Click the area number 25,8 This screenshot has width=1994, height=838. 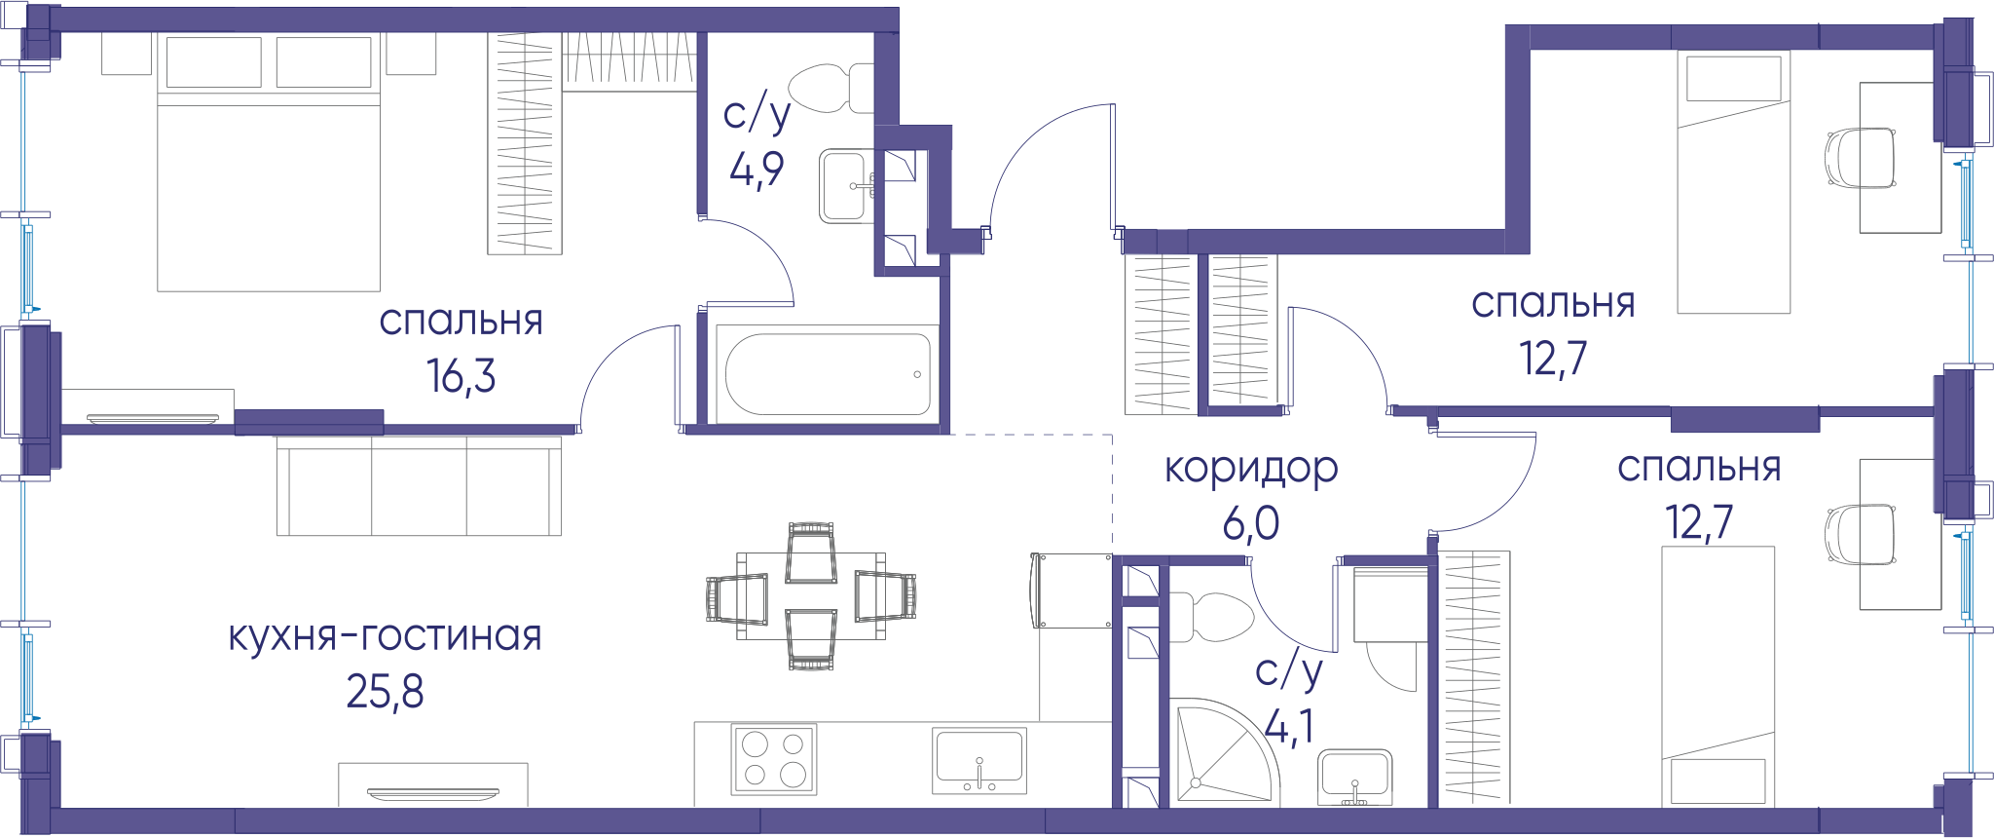coord(386,692)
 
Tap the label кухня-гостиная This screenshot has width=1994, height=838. coord(386,636)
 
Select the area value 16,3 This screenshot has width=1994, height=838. coord(462,375)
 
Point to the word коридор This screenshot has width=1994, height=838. coord(1251,470)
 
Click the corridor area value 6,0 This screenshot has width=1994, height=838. coord(1251,524)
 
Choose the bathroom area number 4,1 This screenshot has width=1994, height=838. coord(1289,726)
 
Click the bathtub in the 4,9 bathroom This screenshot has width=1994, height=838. coord(828,374)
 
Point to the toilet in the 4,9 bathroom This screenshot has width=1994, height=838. coord(831,89)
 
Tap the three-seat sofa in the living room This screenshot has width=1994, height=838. coord(419,485)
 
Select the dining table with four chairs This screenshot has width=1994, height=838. coord(811,596)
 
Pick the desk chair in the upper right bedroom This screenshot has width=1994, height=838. coord(1860,158)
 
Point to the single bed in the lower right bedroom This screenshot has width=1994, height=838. coord(1718,676)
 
